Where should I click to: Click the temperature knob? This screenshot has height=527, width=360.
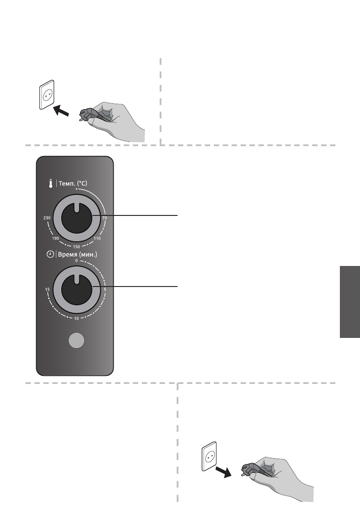76,218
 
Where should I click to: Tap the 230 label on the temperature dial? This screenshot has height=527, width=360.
46,218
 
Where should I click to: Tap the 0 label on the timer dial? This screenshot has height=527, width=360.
76,260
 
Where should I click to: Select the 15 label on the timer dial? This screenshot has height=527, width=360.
47,290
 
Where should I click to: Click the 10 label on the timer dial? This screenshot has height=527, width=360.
76,319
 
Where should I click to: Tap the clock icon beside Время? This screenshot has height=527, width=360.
50,254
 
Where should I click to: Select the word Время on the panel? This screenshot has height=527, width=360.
68,254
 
